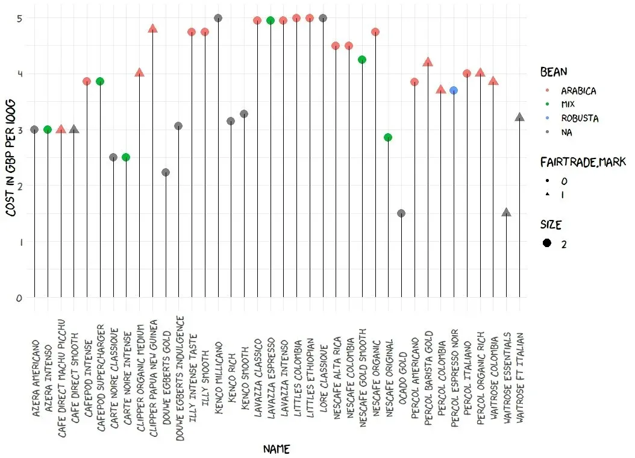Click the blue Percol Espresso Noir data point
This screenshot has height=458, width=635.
[454, 90]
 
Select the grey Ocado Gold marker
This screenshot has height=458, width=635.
[401, 213]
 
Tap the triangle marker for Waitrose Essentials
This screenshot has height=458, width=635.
[507, 213]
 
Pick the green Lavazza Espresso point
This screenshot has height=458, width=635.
[271, 20]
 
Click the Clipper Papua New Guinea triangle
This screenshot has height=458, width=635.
[152, 28]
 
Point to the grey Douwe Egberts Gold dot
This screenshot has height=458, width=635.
[166, 172]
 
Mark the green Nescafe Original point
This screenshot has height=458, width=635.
[388, 137]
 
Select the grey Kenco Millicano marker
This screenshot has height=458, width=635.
[218, 18]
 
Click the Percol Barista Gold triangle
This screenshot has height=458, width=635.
[428, 62]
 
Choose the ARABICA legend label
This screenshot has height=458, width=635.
[578, 91]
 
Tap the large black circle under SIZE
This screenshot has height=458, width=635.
[547, 243]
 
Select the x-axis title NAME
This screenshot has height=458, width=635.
[277, 449]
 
